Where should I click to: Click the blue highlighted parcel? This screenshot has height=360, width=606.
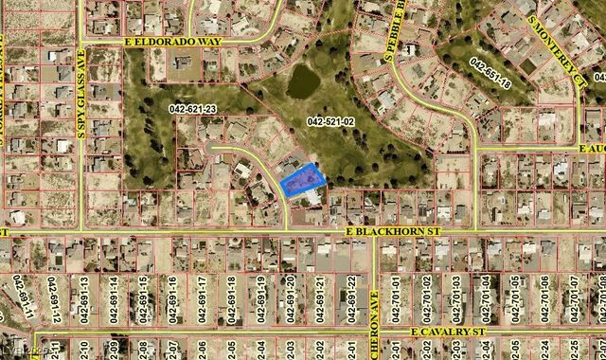click(x=302, y=179)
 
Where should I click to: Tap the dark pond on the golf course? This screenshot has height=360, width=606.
click(x=302, y=81)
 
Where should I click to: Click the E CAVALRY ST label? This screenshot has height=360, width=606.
click(x=448, y=332)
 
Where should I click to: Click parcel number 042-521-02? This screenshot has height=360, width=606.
click(x=330, y=121)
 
